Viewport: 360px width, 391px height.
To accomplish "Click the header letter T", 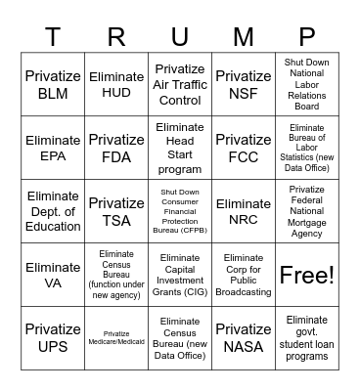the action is click(53, 37).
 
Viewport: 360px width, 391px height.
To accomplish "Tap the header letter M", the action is click(243, 37).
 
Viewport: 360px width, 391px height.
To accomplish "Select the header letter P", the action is click(306, 37).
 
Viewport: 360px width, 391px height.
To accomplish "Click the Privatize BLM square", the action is click(53, 85).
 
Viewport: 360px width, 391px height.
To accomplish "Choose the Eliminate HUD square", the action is click(116, 85).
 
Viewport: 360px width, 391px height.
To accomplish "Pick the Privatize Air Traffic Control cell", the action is click(180, 85).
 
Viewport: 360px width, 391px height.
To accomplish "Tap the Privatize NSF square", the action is click(243, 85).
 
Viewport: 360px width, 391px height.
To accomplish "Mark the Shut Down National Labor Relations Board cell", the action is click(306, 85).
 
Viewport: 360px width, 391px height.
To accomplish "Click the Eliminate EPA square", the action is click(53, 148).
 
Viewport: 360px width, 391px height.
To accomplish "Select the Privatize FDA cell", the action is click(116, 148).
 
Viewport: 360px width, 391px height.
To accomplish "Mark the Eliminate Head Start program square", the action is click(180, 148).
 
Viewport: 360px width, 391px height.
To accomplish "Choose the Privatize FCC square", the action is click(243, 148).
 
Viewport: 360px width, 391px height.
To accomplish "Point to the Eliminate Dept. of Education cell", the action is click(53, 211).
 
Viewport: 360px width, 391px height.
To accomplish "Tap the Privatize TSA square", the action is click(116, 211).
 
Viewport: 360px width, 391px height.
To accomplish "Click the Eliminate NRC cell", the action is click(243, 211).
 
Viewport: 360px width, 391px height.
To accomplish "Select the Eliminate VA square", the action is click(53, 275).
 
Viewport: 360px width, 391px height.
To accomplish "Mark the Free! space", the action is click(306, 275).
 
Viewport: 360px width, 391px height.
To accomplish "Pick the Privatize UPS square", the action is click(53, 338).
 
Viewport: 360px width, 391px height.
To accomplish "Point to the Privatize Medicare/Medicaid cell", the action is click(116, 338).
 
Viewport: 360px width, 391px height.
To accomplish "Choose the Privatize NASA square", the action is click(243, 338).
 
